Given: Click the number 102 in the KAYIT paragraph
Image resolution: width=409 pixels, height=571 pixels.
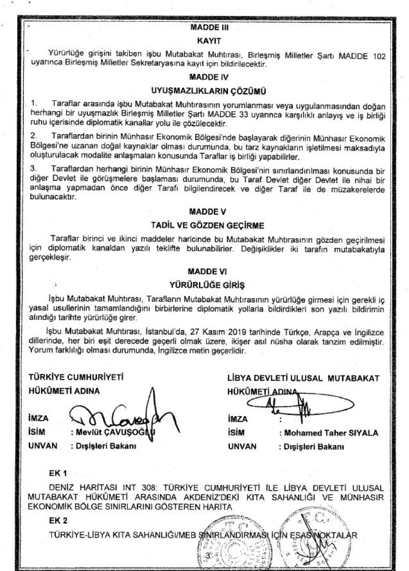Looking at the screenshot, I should pos(378,56).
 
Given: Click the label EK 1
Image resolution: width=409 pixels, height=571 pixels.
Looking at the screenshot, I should pos(59,473).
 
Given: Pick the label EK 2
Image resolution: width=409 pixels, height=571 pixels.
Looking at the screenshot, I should pos(59,521).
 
